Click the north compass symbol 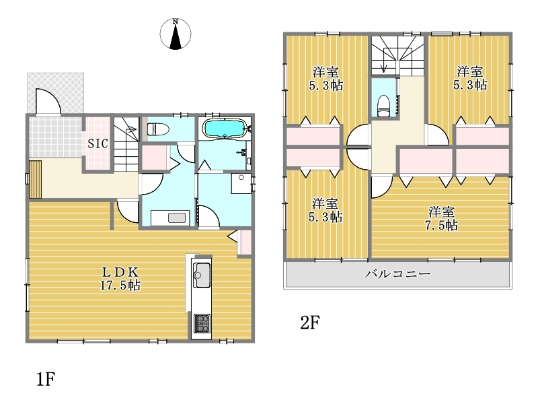pyautogui.click(x=176, y=34)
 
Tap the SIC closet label pyautogui.click(x=98, y=143)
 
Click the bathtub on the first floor pyautogui.click(x=225, y=128)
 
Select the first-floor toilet pyautogui.click(x=158, y=129)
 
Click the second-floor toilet pyautogui.click(x=383, y=105)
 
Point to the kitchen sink pyautogui.click(x=202, y=275)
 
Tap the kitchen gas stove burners pyautogui.click(x=202, y=323)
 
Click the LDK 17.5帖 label pyautogui.click(x=120, y=279)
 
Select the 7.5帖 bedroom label pyautogui.click(x=441, y=218)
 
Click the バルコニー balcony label pyautogui.click(x=397, y=274)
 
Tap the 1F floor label pyautogui.click(x=46, y=379)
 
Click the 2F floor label pyautogui.click(x=310, y=323)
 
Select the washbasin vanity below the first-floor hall pyautogui.click(x=170, y=217)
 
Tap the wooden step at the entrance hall pyautogui.click(x=36, y=179)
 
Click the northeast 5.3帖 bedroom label pyautogui.click(x=469, y=78)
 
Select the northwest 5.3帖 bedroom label pyautogui.click(x=325, y=79)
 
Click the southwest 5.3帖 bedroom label pyautogui.click(x=325, y=210)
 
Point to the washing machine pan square pyautogui.click(x=241, y=183)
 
